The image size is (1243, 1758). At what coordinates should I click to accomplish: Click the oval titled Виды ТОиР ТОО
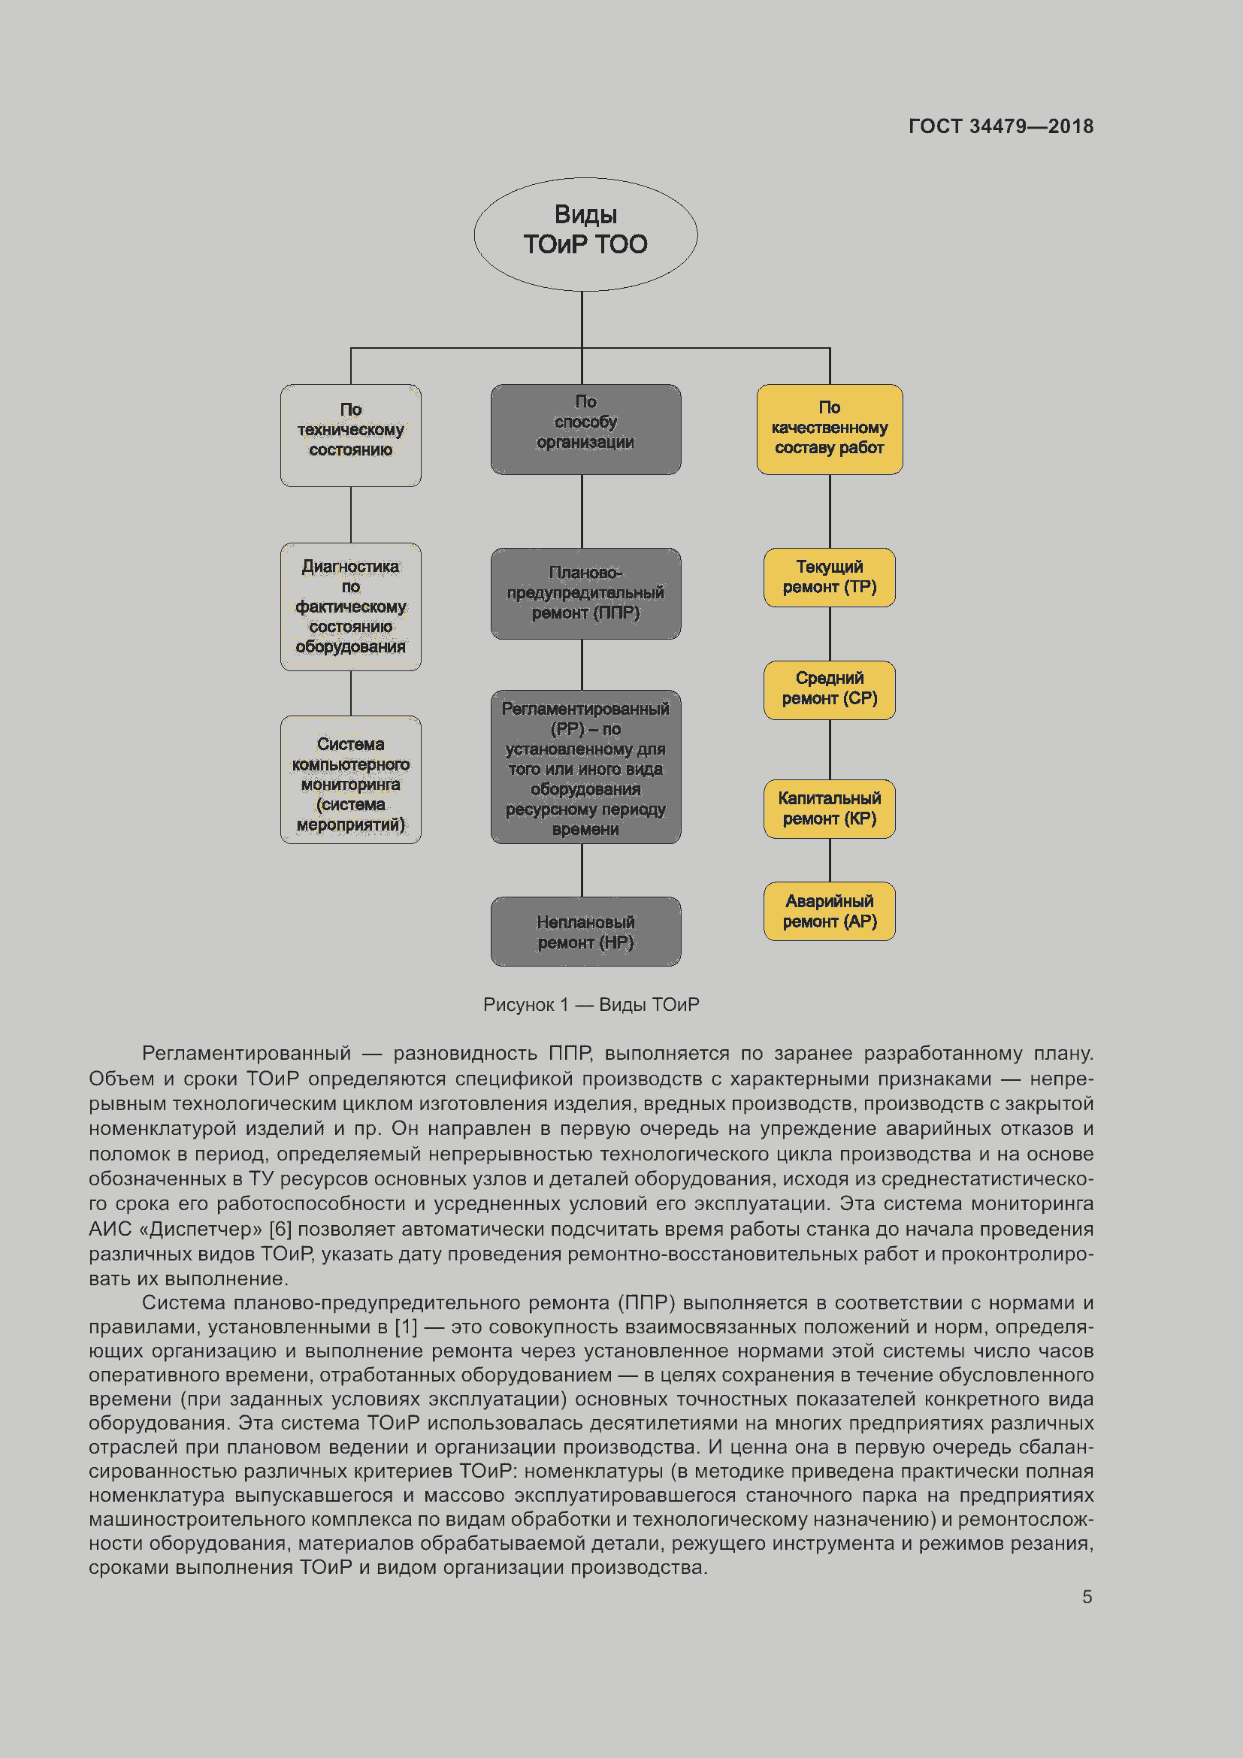(585, 234)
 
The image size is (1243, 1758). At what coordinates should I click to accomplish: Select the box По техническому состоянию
(350, 435)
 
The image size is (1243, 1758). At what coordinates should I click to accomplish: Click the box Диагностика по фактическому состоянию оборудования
(350, 607)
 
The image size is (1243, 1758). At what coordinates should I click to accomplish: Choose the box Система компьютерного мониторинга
(350, 779)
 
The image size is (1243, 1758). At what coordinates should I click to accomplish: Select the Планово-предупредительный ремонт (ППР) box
(585, 592)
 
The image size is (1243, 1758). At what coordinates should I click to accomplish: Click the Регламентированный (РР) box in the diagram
(585, 767)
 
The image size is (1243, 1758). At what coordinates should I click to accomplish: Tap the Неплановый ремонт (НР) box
(585, 931)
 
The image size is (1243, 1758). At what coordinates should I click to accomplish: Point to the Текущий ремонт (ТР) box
(829, 577)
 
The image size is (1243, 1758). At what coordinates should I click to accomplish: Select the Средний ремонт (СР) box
(829, 689)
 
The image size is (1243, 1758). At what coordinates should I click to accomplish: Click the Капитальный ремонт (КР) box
(829, 809)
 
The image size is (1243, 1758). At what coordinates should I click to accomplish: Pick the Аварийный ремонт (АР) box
(829, 911)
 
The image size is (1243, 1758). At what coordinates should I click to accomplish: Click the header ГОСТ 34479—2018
(1000, 126)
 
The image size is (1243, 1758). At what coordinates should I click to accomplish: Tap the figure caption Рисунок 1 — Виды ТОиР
(591, 1005)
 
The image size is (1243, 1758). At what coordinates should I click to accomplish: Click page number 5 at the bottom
(1087, 1596)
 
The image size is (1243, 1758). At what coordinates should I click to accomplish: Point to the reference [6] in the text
(280, 1229)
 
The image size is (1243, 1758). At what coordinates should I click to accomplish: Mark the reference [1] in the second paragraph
(406, 1326)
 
